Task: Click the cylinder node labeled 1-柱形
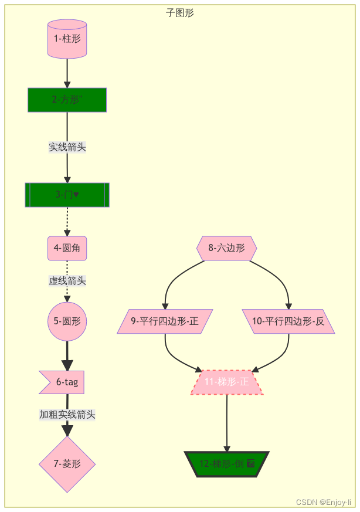coord(67,39)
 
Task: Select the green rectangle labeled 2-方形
coord(67,100)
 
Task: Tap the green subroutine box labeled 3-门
coord(67,195)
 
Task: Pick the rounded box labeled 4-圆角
coord(67,248)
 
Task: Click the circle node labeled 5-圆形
coord(67,321)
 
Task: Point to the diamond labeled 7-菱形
coord(67,464)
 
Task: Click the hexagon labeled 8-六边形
coord(226,248)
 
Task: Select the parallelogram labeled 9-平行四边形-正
coord(165,321)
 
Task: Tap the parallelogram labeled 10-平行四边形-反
coord(288,321)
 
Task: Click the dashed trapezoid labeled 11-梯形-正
coord(226,382)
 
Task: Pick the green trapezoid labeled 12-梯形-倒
coord(226,464)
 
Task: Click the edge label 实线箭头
coord(67,147)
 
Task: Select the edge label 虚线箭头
coord(67,281)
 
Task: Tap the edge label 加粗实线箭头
coord(67,415)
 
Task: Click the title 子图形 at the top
coord(180,13)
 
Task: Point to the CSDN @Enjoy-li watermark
coord(324,503)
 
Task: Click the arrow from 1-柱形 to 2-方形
coord(67,73)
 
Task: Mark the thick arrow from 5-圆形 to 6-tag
coord(67,355)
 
